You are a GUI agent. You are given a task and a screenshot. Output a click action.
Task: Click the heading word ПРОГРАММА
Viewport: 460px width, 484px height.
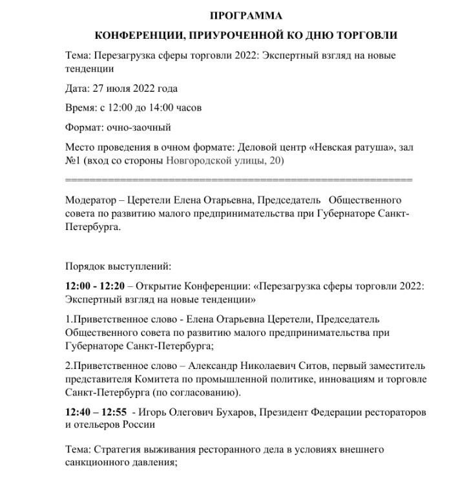246,15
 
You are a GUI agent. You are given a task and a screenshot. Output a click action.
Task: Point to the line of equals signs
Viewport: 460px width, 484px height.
239,178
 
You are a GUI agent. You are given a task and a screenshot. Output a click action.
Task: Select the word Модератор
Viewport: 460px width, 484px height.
93,199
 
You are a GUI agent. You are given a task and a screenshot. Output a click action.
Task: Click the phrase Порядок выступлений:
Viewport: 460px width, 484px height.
118,266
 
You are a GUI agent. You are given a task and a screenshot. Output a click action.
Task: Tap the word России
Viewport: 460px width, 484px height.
141,425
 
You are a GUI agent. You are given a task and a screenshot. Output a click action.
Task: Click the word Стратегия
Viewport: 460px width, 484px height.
118,450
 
